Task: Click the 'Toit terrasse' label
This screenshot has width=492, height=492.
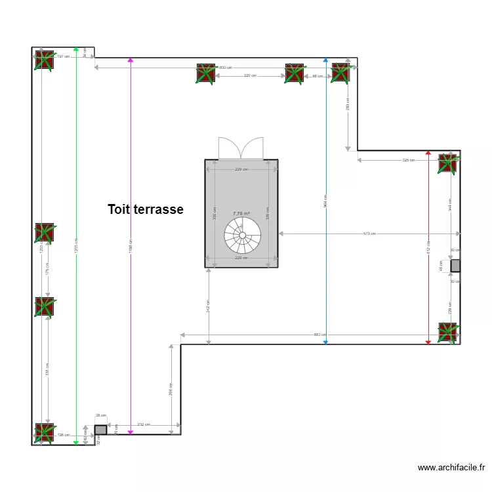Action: pos(145,209)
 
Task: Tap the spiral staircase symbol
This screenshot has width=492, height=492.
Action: pos(242,235)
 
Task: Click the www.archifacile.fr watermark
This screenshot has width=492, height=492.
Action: pos(451,468)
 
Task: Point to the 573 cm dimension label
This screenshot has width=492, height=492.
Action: pos(369,234)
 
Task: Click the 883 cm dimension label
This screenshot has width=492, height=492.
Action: pos(319,335)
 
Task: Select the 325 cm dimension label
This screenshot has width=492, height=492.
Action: pos(408,160)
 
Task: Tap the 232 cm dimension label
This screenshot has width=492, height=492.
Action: pos(143,424)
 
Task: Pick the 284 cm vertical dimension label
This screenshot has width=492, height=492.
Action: pos(171,389)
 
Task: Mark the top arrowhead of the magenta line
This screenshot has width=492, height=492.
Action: pos(131,60)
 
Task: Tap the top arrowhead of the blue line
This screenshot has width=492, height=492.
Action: pos(325,60)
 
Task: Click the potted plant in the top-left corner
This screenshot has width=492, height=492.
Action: pos(44,60)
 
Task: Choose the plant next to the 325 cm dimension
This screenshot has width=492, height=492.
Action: pos(448,163)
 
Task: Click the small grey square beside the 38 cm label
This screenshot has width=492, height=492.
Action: pos(100,430)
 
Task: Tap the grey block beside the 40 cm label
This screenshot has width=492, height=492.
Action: pos(455,266)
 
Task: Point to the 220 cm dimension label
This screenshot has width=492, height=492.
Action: pos(249,76)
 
